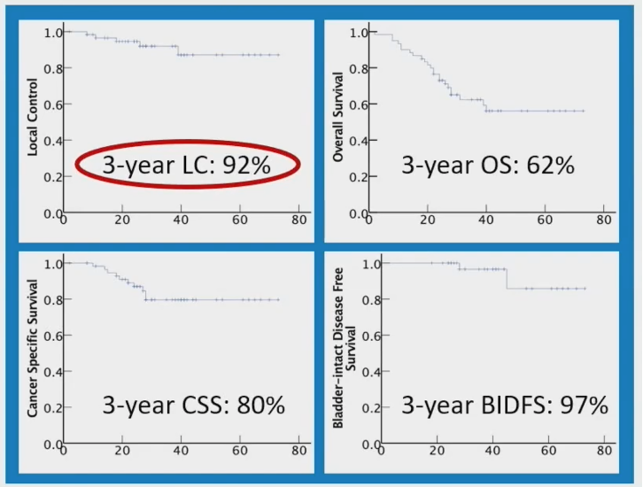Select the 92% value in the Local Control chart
click(246, 166)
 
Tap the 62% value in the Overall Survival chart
click(550, 166)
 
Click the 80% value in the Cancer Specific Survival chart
click(260, 405)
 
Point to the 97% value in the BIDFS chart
click(585, 405)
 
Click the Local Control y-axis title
click(33, 117)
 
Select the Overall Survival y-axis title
click(338, 117)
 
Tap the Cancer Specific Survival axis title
click(33, 349)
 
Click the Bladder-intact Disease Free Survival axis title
click(344, 348)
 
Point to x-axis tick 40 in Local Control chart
click(181, 220)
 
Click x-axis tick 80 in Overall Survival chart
click(604, 220)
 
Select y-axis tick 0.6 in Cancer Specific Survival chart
click(53, 336)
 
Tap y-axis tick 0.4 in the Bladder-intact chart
click(371, 372)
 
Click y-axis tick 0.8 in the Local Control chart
click(53, 68)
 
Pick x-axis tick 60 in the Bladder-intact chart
click(548, 451)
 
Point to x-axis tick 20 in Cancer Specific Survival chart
click(122, 451)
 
